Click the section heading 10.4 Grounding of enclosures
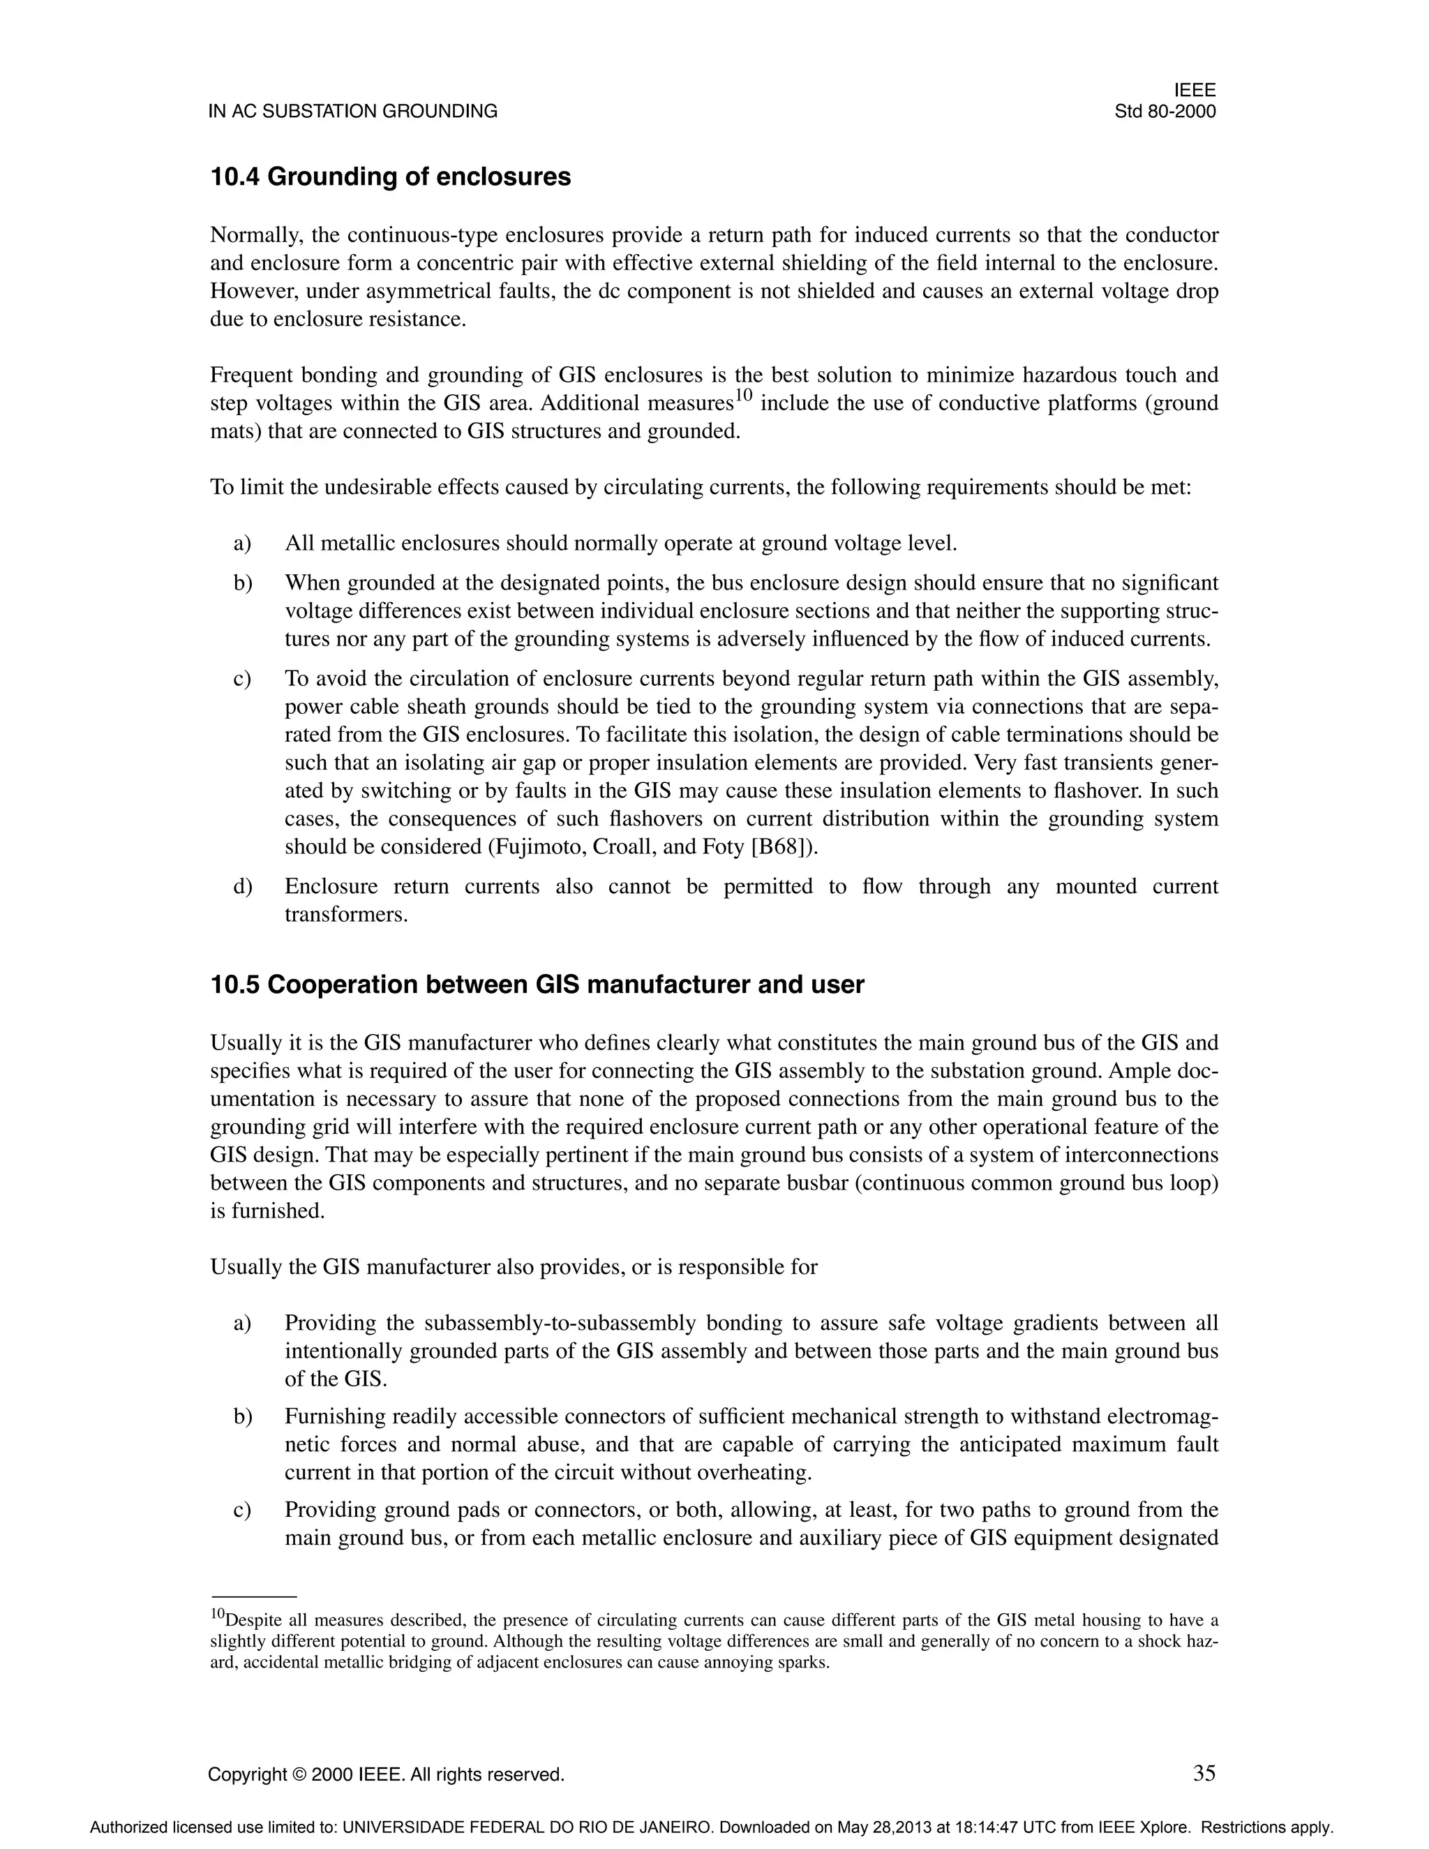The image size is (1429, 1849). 390,177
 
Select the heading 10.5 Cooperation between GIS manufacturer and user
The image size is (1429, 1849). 537,985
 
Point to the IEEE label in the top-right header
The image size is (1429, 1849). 1195,91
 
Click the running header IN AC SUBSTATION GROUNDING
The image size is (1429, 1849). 353,112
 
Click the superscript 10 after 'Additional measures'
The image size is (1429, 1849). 742,396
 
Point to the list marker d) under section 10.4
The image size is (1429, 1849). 243,886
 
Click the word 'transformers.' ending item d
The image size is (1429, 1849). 346,914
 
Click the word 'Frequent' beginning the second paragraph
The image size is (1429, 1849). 247,375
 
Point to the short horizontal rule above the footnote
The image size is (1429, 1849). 253,1596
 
